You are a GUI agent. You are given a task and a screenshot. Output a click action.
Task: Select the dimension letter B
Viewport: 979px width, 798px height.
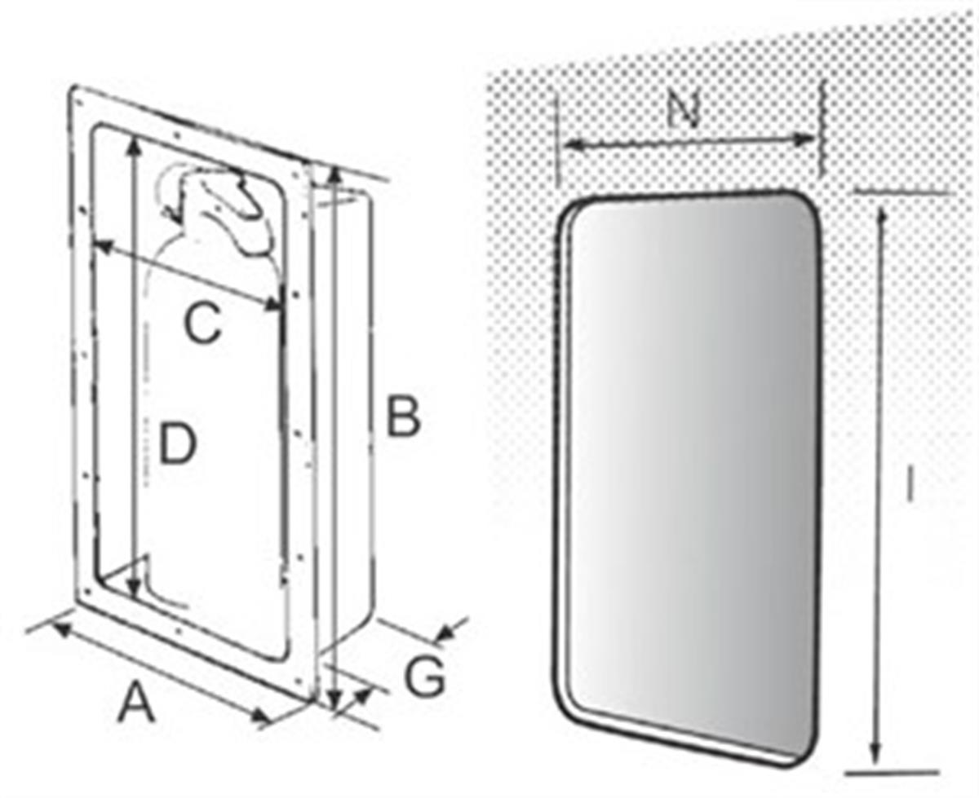(403, 416)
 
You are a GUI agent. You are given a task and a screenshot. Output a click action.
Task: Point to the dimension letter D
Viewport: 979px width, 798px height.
(178, 444)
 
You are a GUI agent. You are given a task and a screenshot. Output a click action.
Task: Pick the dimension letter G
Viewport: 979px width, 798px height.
(425, 677)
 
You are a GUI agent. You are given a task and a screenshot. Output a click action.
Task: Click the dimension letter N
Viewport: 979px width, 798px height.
(683, 109)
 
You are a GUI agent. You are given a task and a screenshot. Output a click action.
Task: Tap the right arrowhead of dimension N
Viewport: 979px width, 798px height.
(804, 139)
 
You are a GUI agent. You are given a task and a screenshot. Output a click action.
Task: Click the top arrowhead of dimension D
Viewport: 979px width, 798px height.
(134, 145)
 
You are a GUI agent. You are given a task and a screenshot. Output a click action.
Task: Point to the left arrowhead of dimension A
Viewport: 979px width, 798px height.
(63, 629)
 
